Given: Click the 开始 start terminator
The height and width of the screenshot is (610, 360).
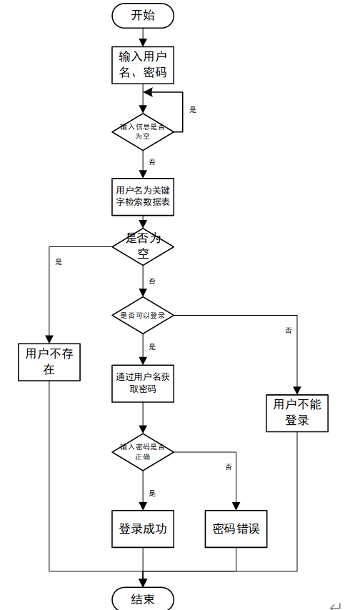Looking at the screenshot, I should pos(143,16).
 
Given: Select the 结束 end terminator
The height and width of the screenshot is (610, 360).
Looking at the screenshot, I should pos(143,599).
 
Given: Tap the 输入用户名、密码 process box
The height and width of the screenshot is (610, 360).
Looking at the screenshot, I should pos(143,64).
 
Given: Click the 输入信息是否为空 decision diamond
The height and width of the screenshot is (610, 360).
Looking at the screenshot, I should pos(143,131).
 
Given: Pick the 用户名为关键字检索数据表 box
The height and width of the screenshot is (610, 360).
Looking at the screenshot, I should pos(143,196).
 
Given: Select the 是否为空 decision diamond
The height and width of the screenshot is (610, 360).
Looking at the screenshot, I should pos(143,246).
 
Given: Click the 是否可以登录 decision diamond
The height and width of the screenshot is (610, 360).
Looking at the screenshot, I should pos(143,314).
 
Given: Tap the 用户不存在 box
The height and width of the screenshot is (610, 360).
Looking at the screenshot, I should pos(49,361).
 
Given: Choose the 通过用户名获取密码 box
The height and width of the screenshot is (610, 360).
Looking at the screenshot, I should pos(143,383).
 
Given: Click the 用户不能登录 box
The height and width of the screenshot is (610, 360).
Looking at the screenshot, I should pos(297,412).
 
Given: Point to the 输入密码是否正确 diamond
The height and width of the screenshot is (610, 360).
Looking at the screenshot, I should pos(143,451).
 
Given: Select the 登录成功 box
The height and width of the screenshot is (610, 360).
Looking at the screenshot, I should pos(143,529).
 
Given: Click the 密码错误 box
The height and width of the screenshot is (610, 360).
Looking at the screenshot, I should pos(236,529).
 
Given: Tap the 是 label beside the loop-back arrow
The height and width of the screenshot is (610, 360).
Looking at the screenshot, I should pos(193,110).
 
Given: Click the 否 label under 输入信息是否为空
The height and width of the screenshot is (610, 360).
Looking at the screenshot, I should pos(152,162).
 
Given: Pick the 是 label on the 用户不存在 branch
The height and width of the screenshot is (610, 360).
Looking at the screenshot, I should pos(59,261).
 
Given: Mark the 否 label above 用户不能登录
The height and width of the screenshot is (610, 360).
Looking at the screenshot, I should pos(289,330).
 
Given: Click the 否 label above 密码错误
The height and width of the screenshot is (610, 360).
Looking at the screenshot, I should pos(229,466).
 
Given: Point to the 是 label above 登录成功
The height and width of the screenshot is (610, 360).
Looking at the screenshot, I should pos(152,493).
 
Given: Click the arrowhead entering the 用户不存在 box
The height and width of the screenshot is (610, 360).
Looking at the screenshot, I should pos(49,339).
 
